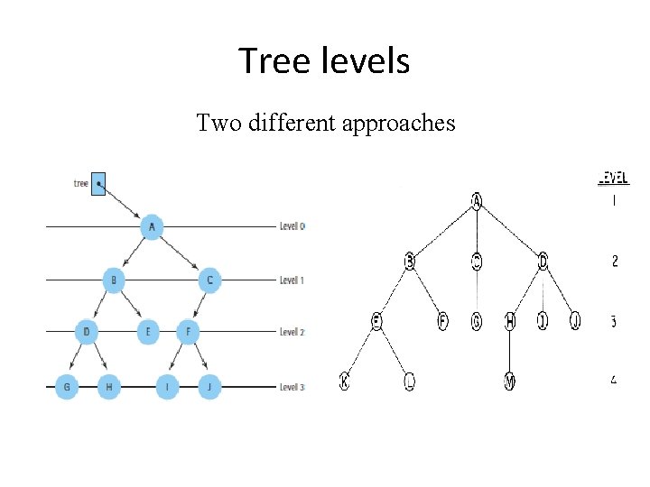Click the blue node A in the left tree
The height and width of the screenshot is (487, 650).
click(x=152, y=227)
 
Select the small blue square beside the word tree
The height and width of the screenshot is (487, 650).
click(x=98, y=184)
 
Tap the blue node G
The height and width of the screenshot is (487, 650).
click(x=66, y=388)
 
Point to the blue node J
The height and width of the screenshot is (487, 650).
click(x=209, y=388)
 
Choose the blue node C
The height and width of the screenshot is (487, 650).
click(x=209, y=280)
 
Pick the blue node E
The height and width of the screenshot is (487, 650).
click(x=147, y=333)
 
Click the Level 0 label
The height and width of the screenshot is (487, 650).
click(x=292, y=225)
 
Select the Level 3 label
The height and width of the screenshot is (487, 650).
click(x=292, y=388)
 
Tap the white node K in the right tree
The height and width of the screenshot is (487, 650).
click(x=344, y=381)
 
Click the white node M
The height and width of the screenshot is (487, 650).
click(x=509, y=381)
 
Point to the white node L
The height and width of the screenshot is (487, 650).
click(x=410, y=381)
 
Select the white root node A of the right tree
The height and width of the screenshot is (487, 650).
click(x=476, y=200)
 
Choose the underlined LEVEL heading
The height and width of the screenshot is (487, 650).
click(x=614, y=179)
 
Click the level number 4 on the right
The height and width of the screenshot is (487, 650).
click(x=614, y=380)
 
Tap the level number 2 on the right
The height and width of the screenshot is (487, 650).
click(x=615, y=262)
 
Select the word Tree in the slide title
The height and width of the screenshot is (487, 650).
click(x=265, y=61)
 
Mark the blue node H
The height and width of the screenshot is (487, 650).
click(x=108, y=388)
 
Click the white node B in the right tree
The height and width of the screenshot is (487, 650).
click(x=410, y=262)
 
